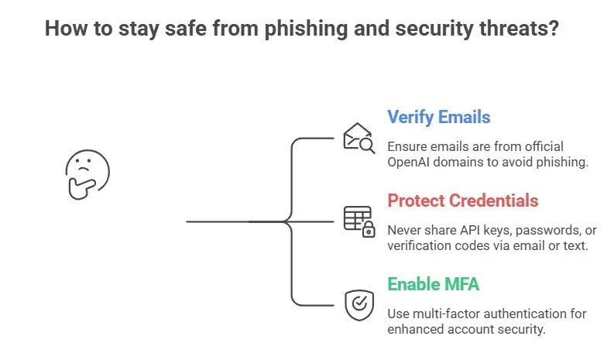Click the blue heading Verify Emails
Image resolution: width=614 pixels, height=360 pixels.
pyautogui.click(x=438, y=118)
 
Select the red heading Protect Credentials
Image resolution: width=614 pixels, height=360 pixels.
pyautogui.click(x=463, y=201)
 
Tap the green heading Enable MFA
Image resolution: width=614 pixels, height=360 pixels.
pyautogui.click(x=433, y=284)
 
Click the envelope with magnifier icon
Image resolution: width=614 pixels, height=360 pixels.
pyautogui.click(x=358, y=138)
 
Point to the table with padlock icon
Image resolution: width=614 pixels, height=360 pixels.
pyautogui.click(x=358, y=221)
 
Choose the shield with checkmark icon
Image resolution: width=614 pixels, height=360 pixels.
pyautogui.click(x=358, y=303)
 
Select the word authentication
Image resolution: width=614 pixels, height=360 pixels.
pyautogui.click(x=523, y=314)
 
